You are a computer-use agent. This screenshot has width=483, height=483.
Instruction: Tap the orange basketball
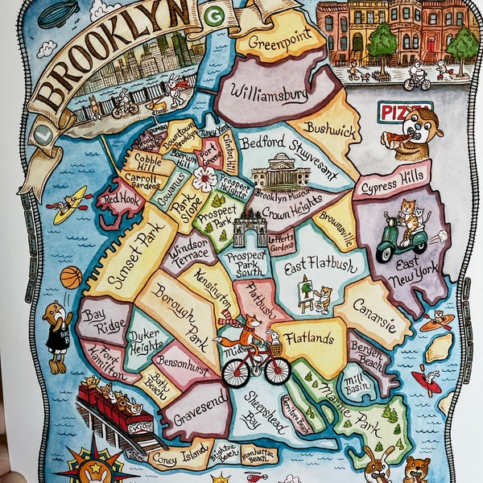click(x=71, y=277)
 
